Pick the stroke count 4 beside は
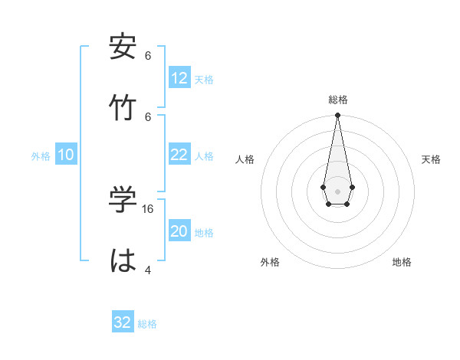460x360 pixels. pos(147,270)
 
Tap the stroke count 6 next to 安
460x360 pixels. pos(147,56)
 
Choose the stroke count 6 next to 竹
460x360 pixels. pos(147,116)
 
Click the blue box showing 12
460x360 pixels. pos(179,78)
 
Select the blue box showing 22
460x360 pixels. pos(179,155)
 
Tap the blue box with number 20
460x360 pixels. pos(179,231)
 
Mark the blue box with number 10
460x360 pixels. pos(66,155)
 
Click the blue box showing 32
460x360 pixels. pos(123,322)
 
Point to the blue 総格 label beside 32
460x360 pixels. pos(147,324)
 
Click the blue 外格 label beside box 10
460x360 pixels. pos(41,156)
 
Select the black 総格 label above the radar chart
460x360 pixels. pos(337,100)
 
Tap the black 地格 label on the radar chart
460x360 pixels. pos(402,262)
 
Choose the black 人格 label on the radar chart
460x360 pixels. pos(245,159)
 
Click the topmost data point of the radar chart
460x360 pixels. pos(337,116)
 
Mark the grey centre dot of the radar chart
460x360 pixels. pos(337,191)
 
